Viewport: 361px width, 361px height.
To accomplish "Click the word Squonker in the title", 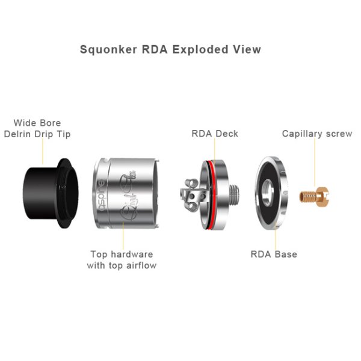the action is point(108,50).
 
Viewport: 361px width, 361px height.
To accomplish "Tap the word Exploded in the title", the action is point(200,49).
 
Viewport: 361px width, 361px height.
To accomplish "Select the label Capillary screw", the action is point(317,134).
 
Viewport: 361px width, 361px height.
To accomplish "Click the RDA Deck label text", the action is point(215,134).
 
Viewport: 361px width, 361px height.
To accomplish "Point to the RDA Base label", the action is point(274,254).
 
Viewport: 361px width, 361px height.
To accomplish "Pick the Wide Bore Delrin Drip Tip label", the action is point(37,129).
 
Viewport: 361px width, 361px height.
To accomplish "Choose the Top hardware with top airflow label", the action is point(122,260).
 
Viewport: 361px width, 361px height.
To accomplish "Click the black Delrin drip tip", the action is point(51,193).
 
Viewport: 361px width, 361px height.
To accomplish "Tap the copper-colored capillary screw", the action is point(314,197).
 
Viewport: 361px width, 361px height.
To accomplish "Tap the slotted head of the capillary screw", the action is point(323,197).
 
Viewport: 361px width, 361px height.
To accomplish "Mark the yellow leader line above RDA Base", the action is point(276,238).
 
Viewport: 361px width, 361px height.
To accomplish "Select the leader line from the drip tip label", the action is point(43,151).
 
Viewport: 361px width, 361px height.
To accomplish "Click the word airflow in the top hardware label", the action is point(141,265).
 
